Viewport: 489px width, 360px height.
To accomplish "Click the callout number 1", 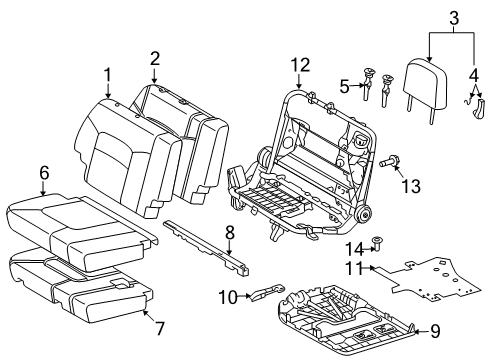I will [x=107, y=74].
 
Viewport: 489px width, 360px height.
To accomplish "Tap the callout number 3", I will [x=453, y=17].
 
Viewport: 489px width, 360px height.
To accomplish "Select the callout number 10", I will [x=228, y=296].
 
